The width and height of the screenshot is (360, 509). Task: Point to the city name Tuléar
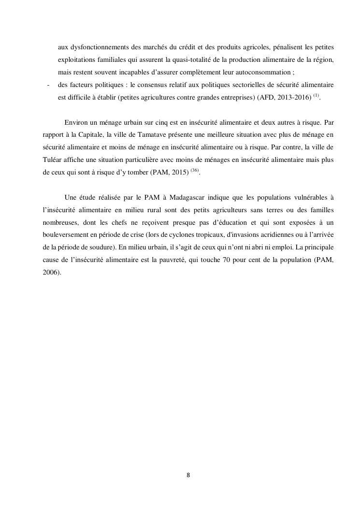52,160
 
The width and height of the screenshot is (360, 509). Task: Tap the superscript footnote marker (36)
195,170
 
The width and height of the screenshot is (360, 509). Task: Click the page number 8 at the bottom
188,475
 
